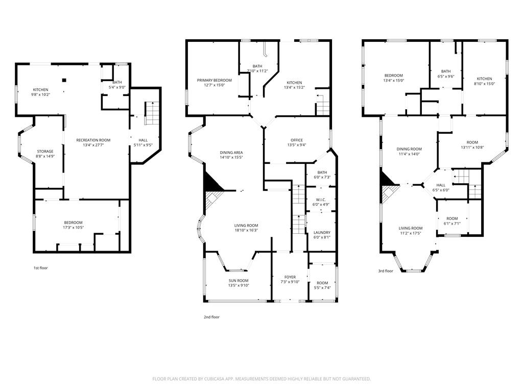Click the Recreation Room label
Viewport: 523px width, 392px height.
(x=93, y=140)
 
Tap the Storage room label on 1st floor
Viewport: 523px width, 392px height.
(x=45, y=151)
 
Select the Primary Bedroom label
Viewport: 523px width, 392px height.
(x=215, y=80)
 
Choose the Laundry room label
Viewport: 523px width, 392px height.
(x=322, y=232)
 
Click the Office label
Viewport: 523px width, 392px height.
(x=297, y=140)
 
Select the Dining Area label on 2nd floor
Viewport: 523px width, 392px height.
(x=231, y=153)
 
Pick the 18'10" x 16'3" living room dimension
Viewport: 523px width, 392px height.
(x=246, y=230)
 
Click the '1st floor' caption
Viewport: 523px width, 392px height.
(x=40, y=267)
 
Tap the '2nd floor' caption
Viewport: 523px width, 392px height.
(x=211, y=317)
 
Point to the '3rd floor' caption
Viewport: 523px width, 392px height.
(x=385, y=271)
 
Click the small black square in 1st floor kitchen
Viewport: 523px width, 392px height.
(x=64, y=80)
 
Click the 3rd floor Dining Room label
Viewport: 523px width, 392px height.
(x=409, y=149)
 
